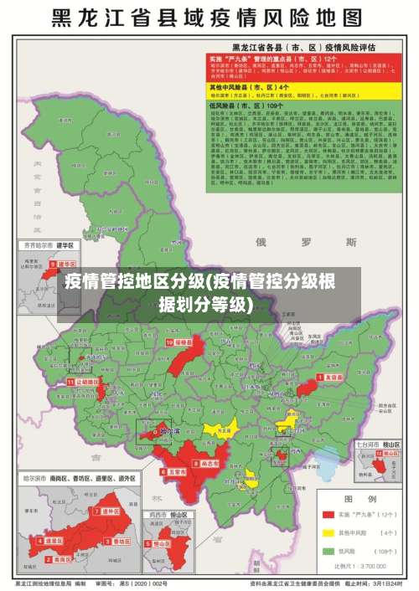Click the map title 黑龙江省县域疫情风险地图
(209, 18)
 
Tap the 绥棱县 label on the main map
(183, 342)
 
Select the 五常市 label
(177, 471)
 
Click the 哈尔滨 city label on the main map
(170, 432)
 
